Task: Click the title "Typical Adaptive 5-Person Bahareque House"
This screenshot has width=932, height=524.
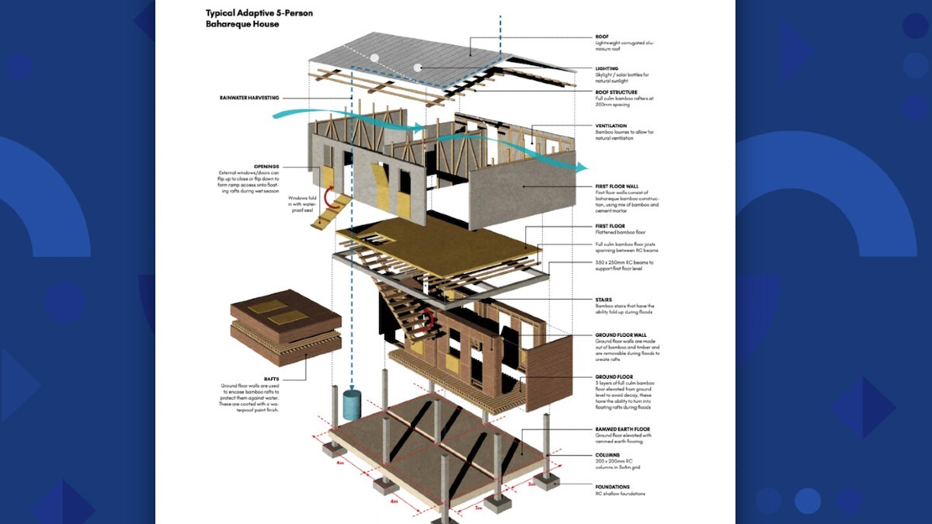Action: [x=249, y=19]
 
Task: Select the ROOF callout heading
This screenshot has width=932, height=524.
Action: [x=602, y=36]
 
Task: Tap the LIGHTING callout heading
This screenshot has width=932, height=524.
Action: [x=607, y=68]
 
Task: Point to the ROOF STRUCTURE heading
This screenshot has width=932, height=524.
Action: [x=616, y=92]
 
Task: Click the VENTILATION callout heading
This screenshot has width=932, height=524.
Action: [x=611, y=126]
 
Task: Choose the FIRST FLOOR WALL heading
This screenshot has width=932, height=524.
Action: [x=617, y=187]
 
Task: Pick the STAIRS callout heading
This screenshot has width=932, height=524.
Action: [x=603, y=300]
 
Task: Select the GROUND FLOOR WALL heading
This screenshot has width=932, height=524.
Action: [x=621, y=335]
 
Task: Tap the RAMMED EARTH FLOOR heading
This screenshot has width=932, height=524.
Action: [x=622, y=429]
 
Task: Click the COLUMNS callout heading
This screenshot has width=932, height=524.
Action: [x=607, y=455]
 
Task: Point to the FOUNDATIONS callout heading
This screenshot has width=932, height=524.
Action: [x=613, y=487]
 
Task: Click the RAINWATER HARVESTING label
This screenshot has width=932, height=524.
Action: [x=249, y=98]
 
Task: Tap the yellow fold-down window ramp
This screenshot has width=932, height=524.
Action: [x=332, y=211]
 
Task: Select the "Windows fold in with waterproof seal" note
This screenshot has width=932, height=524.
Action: [x=304, y=203]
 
